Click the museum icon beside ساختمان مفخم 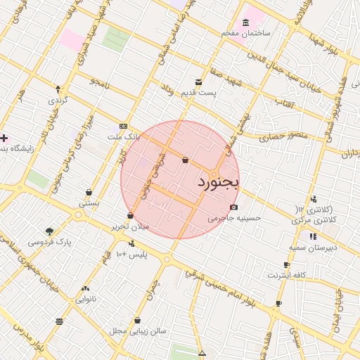pos(245,22)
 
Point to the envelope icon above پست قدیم pos(199,82)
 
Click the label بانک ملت pos(124,136)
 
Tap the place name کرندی pos(58,100)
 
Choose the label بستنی pos(88,203)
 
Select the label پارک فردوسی pos(50,242)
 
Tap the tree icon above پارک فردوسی pos(49,231)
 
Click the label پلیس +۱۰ pos(131,253)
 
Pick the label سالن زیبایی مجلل pos(137,330)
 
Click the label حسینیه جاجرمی pos(234,218)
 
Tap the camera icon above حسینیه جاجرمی pos(233,207)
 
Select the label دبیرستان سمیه pos(312,247)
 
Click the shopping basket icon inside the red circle pos(185,160)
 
